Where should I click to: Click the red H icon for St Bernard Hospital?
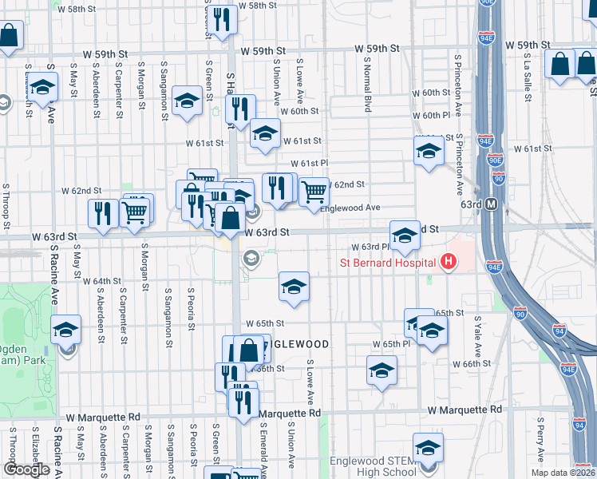pyautogui.click(x=449, y=262)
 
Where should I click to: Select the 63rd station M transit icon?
pyautogui.click(x=492, y=204)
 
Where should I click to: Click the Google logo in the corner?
pyautogui.click(x=26, y=469)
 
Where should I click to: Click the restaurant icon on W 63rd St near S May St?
pyautogui.click(x=103, y=213)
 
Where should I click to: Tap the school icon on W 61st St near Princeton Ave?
pyautogui.click(x=429, y=150)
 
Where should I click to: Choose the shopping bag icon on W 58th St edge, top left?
pyautogui.click(x=9, y=35)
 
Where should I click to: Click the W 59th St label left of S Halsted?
pyautogui.click(x=106, y=53)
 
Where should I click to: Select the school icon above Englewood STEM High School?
pyautogui.click(x=428, y=446)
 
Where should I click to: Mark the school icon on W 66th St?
pyautogui.click(x=382, y=370)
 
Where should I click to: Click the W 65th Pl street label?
pyautogui.click(x=391, y=343)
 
